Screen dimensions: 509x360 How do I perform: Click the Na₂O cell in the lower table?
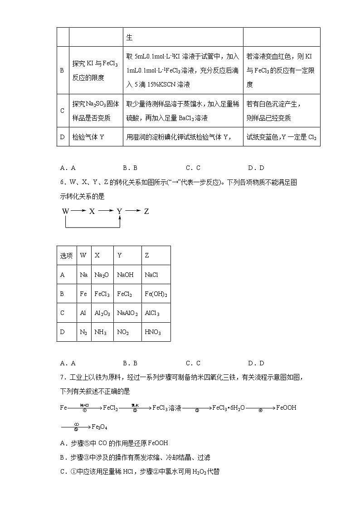tap(101, 275)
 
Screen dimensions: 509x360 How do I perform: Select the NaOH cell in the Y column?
tap(125, 275)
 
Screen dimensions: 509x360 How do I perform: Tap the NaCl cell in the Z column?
tap(151, 275)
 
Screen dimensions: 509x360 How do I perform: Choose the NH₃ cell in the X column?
tap(100, 332)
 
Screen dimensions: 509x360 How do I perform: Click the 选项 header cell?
tap(66, 256)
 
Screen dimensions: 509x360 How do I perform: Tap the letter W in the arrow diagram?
tap(66, 211)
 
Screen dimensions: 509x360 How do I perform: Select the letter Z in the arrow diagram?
tap(146, 211)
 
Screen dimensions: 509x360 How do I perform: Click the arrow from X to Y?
tap(106, 211)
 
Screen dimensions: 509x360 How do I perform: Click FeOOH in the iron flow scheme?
tap(286, 407)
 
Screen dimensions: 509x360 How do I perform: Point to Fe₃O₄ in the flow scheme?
tap(99, 427)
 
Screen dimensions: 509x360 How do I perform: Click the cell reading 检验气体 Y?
tap(88, 136)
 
